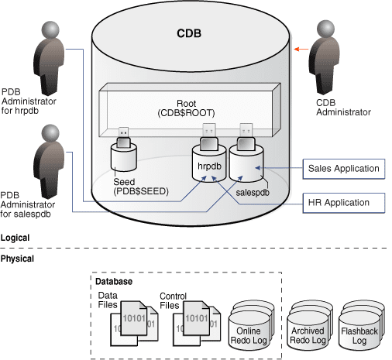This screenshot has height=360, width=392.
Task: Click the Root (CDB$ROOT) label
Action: point(186,106)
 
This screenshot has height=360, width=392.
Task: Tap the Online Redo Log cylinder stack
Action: point(249,322)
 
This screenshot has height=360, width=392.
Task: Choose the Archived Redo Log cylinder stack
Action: point(308,322)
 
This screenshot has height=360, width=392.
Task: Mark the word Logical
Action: point(16,238)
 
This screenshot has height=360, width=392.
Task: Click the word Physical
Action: point(18,258)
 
